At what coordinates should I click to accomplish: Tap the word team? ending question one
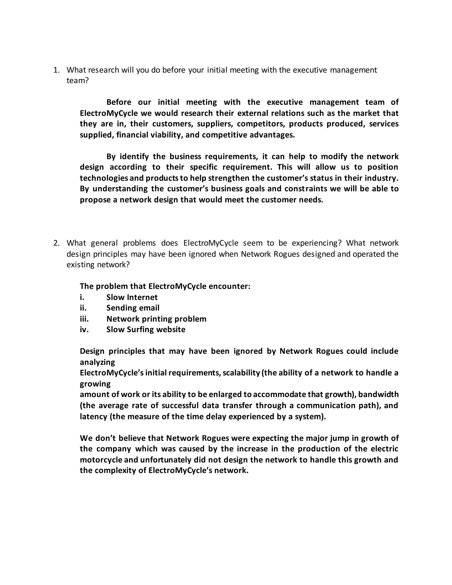(x=77, y=81)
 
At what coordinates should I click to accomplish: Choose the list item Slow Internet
(x=132, y=297)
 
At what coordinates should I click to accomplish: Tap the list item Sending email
(x=133, y=308)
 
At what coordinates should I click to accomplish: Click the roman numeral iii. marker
(x=84, y=319)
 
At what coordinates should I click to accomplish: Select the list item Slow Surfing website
(x=146, y=329)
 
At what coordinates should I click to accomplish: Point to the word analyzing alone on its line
(x=97, y=362)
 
